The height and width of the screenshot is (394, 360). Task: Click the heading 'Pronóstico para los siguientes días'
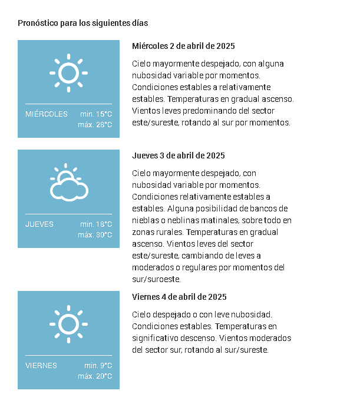click(82, 24)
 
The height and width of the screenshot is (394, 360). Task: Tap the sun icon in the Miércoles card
click(68, 73)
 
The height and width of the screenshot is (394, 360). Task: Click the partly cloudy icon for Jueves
click(69, 184)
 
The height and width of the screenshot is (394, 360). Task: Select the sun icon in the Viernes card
click(68, 325)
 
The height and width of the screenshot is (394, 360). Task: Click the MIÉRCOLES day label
click(47, 114)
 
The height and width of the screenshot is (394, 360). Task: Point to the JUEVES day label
click(39, 224)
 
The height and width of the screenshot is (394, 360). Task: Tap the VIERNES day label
click(41, 366)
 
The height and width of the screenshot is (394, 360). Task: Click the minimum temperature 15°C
click(96, 114)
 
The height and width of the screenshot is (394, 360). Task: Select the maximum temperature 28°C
click(95, 125)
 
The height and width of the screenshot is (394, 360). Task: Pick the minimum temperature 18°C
click(96, 224)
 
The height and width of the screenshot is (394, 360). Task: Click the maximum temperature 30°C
click(95, 235)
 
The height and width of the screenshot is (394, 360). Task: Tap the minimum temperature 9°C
click(98, 366)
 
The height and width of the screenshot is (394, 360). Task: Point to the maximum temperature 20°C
click(95, 376)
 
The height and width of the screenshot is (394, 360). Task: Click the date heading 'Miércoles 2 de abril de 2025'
click(183, 46)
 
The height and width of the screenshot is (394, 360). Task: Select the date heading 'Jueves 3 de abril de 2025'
click(179, 156)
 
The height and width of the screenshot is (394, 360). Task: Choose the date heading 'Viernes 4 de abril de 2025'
click(179, 297)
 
